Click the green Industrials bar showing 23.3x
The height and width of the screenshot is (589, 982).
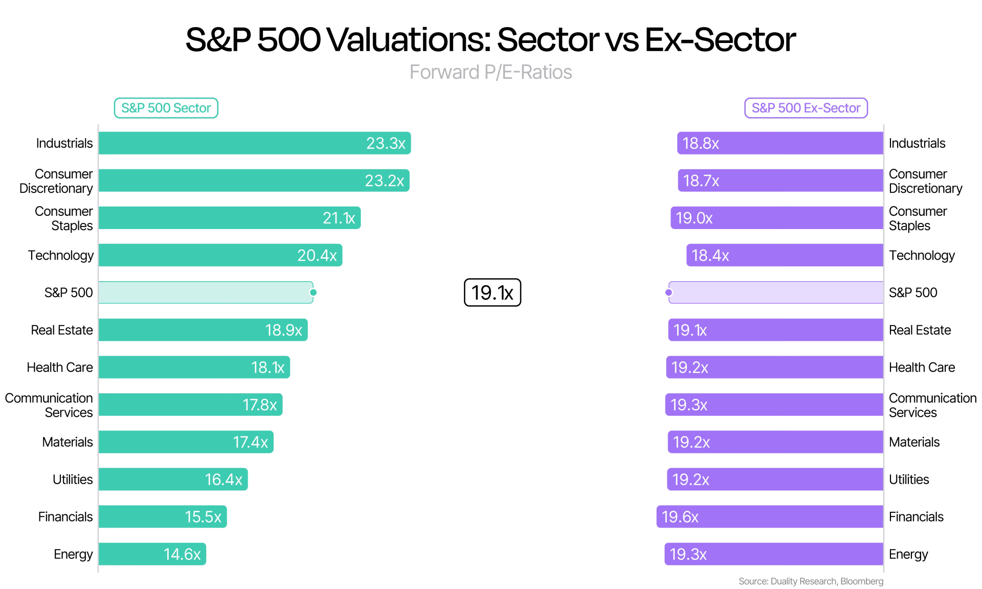point(255,143)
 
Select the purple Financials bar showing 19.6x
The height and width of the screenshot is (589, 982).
point(770,516)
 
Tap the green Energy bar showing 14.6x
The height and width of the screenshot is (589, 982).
point(152,554)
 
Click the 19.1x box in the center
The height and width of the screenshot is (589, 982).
point(492,292)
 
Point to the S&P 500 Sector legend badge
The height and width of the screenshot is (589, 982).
point(166,108)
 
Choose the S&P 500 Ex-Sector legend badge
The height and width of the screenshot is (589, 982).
point(806,108)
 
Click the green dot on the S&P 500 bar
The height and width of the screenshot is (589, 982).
point(314,292)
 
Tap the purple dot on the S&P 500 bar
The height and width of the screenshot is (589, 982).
point(668,292)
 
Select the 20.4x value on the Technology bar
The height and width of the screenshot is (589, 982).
point(317,255)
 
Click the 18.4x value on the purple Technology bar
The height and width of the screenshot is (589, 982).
point(710,255)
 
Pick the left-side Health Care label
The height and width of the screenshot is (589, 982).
point(60,367)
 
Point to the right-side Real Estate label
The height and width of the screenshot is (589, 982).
point(920,330)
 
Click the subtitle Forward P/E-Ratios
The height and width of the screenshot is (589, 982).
point(491,72)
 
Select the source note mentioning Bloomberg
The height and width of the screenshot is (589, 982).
point(811,581)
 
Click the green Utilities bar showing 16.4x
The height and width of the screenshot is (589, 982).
point(173,479)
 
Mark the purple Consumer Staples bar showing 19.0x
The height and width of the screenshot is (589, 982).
point(777,218)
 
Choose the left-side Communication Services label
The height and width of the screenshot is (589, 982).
point(49,405)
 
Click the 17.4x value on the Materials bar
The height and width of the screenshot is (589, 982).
point(250,442)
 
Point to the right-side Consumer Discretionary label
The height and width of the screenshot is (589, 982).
point(926,181)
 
